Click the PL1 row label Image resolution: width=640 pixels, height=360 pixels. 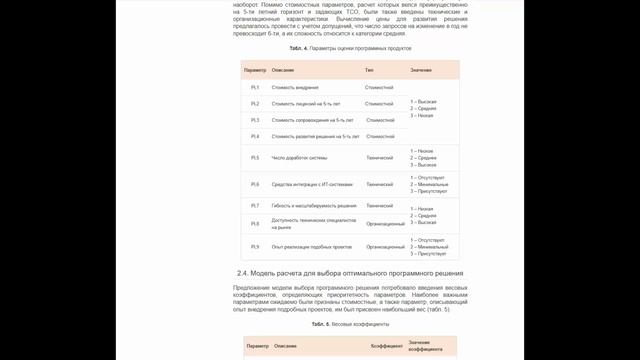coord(255,88)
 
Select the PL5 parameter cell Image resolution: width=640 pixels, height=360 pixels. coord(255,158)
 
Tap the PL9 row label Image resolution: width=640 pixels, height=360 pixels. coord(255,246)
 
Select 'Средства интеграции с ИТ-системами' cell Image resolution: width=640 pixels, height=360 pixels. coord(313,184)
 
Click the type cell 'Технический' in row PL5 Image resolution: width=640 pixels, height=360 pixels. coord(380,158)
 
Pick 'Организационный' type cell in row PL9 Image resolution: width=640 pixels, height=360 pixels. coord(385,246)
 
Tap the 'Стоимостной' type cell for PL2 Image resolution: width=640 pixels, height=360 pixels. coord(380,103)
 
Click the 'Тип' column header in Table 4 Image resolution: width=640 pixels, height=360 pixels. coord(369,69)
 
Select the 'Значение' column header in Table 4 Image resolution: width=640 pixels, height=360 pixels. coord(421,69)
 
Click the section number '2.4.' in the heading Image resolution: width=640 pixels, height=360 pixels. coord(243,273)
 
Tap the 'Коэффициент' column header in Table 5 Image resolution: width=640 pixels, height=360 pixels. coord(387,345)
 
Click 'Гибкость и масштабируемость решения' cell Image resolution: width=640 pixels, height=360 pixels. coord(314,205)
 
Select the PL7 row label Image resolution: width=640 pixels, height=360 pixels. coord(255,205)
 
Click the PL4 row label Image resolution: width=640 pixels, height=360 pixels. coord(255,136)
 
